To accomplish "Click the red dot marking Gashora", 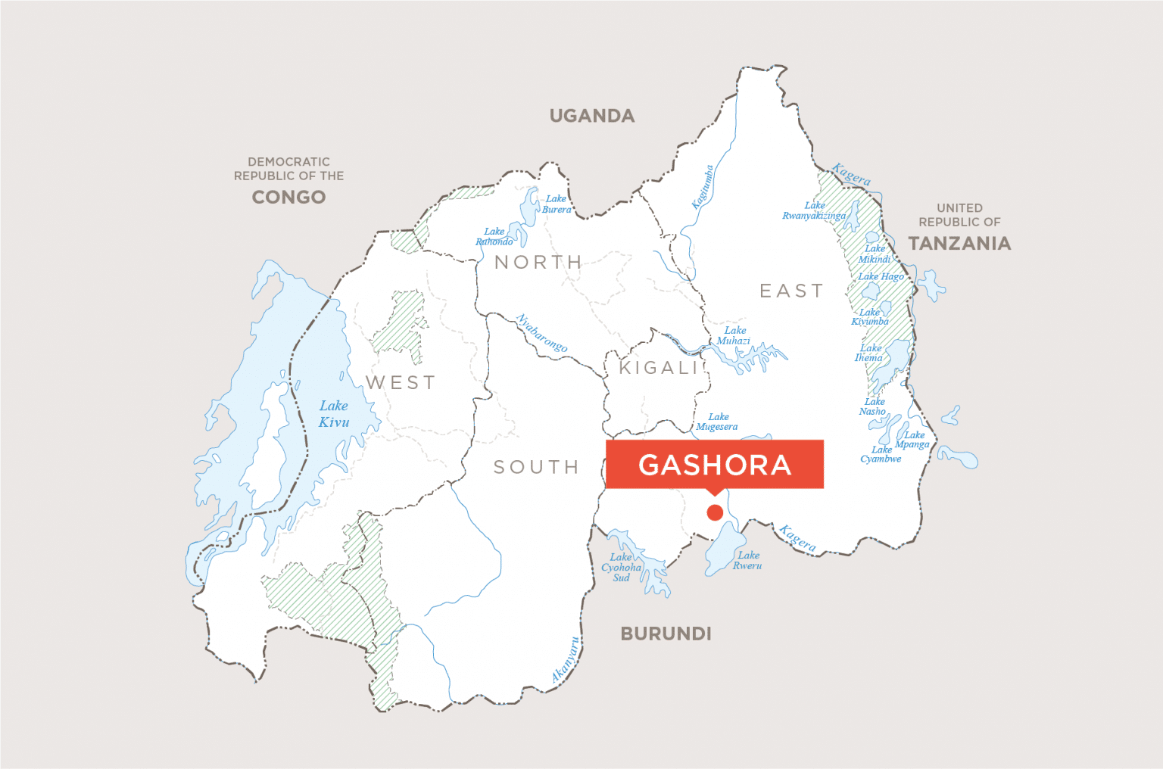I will coord(714,512).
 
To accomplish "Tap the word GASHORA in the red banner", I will coord(715,465).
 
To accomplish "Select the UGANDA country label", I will coord(592,116).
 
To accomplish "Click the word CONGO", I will coord(288,197).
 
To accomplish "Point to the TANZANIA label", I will coord(959,243).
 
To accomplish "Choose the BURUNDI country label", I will coord(666,634).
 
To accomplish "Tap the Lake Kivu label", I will coord(334,414).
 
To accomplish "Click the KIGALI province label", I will coord(658,368).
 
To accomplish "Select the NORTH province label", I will coord(538,263).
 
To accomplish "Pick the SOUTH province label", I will coord(536,467).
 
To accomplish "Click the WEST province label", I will coord(401,383).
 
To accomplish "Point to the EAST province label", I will coord(791,291).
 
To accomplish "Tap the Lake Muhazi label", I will coord(734,335).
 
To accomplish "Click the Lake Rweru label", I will coord(747,560).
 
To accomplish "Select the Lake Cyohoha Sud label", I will coord(622,567).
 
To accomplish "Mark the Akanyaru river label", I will coord(566,660).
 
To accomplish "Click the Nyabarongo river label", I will coord(541,333).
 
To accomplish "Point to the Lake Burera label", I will coord(557,204).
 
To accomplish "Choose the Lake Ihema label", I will coord(869,353).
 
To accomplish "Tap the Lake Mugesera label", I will coord(717,422).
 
